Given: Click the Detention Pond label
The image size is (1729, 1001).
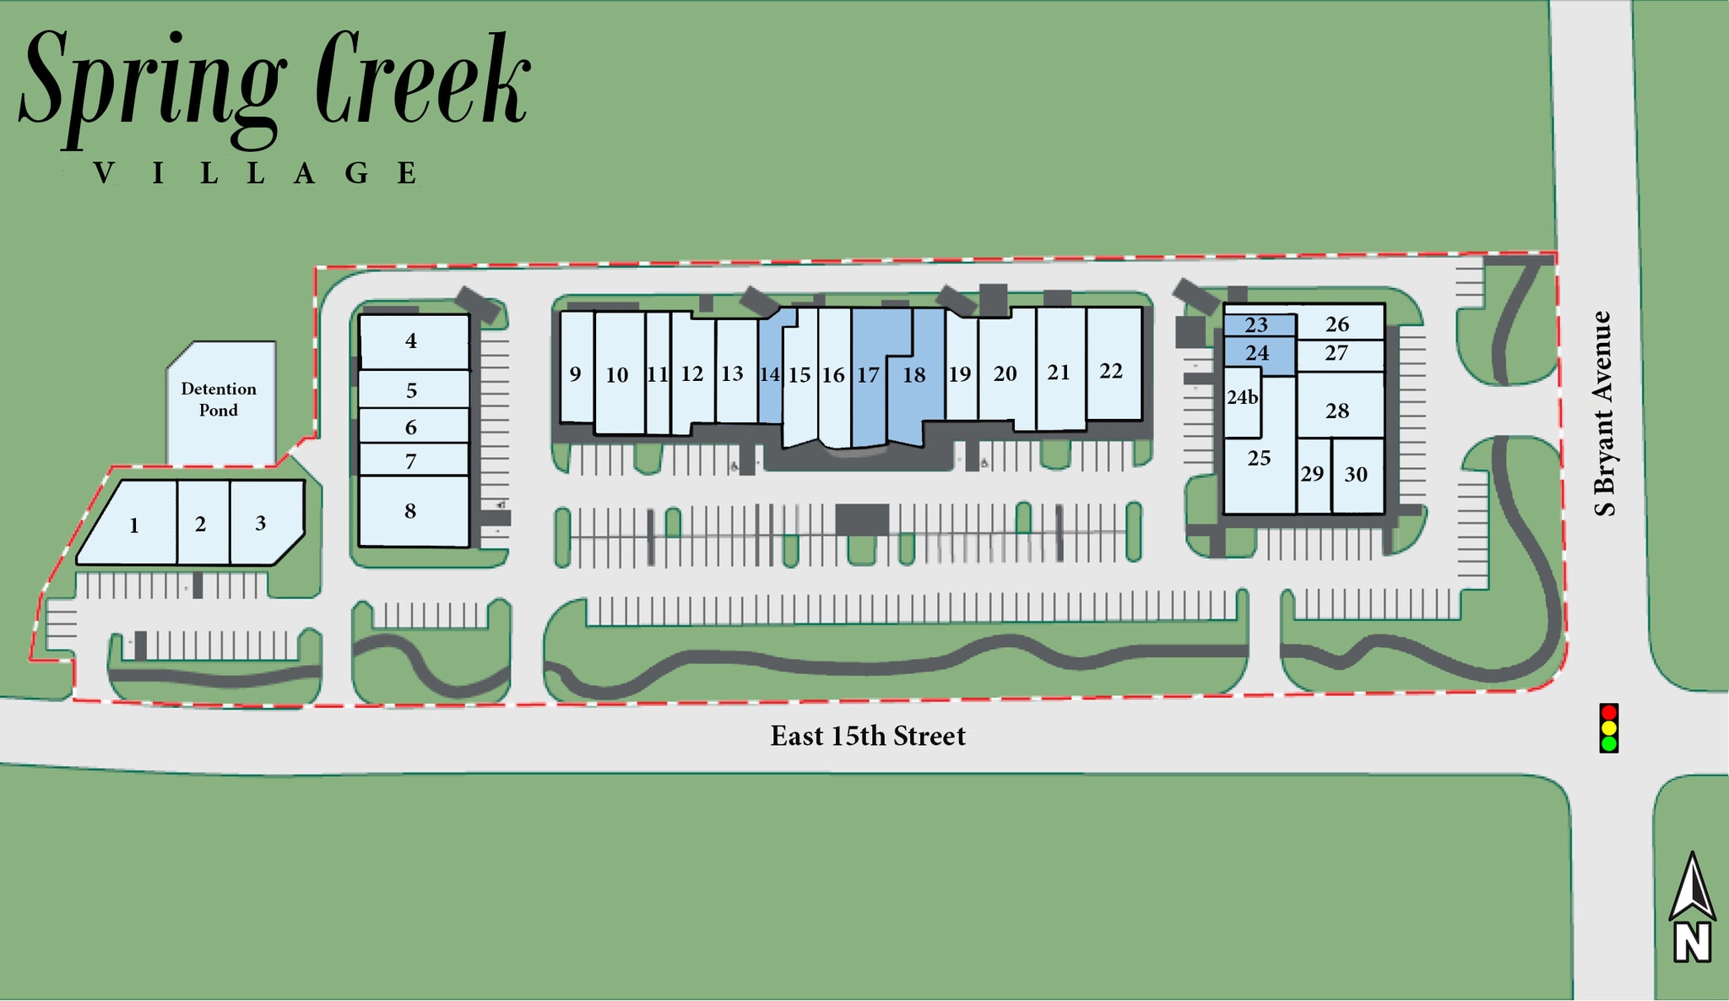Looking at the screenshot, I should tap(219, 400).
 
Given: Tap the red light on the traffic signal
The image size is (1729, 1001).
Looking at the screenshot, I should tap(1608, 712).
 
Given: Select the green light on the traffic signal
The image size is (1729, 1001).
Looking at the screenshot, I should tap(1608, 743).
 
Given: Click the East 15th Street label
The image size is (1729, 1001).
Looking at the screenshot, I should tap(867, 736).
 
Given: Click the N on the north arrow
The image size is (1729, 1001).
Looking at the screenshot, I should tap(1693, 942).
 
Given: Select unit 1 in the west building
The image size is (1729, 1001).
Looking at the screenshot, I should tap(133, 526).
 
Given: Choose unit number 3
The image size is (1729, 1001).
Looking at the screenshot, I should tap(261, 523).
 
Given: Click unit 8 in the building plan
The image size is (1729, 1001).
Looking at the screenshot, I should tap(410, 511).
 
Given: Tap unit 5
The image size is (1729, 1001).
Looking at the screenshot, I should tap(411, 390).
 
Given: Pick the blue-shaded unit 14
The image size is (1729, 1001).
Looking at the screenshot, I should tap(769, 374).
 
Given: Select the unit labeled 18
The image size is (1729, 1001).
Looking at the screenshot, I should tap(914, 375).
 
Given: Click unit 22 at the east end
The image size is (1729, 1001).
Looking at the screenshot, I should tap(1111, 371).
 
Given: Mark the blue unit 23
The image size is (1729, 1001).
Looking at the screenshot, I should tap(1256, 325).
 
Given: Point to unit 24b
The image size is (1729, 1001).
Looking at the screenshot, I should tap(1242, 398).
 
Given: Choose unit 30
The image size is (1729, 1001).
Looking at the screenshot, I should tap(1356, 475).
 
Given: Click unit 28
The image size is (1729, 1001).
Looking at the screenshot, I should tap(1337, 411).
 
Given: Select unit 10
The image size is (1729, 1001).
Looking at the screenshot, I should tap(617, 375).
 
